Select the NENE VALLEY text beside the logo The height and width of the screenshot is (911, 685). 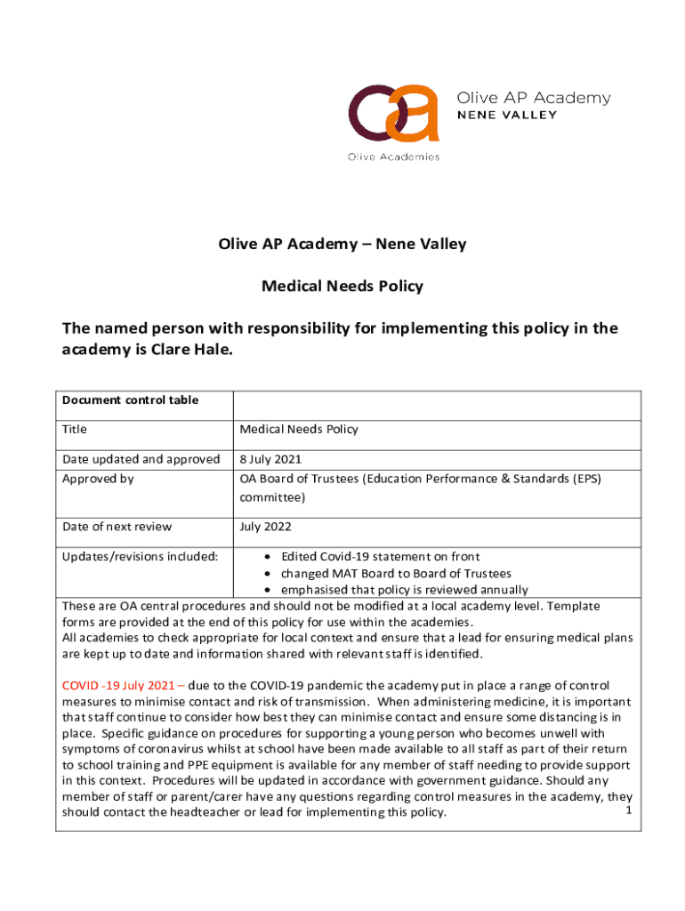pyautogui.click(x=507, y=115)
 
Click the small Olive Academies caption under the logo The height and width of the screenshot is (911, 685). pyautogui.click(x=393, y=157)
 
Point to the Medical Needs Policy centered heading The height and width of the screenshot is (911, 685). pyautogui.click(x=342, y=286)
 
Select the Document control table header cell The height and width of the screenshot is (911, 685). pyautogui.click(x=130, y=400)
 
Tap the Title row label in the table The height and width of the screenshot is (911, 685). pyautogui.click(x=75, y=430)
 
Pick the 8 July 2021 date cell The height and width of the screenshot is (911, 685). pyautogui.click(x=270, y=459)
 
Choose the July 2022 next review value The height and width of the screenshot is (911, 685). pyautogui.click(x=264, y=527)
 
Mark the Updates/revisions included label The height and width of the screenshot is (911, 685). pyautogui.click(x=140, y=556)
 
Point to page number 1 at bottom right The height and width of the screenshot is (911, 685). pyautogui.click(x=628, y=810)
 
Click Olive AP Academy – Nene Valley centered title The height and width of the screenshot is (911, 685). pyautogui.click(x=342, y=244)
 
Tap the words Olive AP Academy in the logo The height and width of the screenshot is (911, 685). pyautogui.click(x=534, y=98)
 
